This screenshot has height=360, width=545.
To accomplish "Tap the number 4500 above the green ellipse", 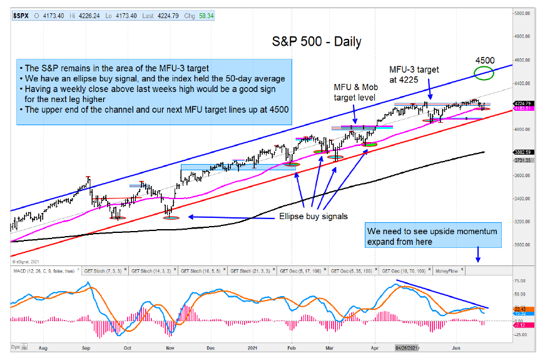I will tap(484, 60).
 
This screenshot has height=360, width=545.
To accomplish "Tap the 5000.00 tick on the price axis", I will tap(523, 13).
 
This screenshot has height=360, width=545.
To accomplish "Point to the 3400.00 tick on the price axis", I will tap(523, 198).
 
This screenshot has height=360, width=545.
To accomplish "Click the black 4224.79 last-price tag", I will tap(523, 103).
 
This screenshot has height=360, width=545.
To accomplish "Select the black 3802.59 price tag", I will tap(523, 152).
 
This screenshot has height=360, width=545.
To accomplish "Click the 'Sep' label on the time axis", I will tap(86, 346).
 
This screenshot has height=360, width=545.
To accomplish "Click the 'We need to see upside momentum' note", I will tap(432, 231).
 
